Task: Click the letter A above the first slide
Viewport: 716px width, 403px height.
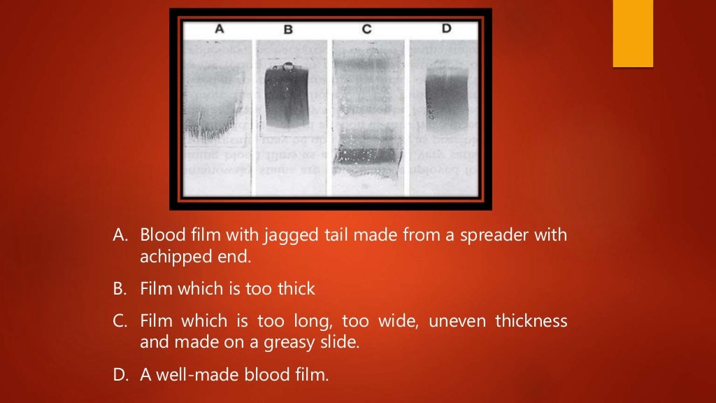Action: tap(220, 29)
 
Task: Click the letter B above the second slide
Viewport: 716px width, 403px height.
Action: tap(288, 30)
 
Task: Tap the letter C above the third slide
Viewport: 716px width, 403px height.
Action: tap(366, 29)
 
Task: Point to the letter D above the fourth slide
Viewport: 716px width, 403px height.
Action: tap(446, 29)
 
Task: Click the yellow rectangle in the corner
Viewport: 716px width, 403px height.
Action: tap(633, 34)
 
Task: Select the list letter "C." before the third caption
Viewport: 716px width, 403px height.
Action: tap(120, 321)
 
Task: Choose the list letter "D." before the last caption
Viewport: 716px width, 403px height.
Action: tap(121, 374)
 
